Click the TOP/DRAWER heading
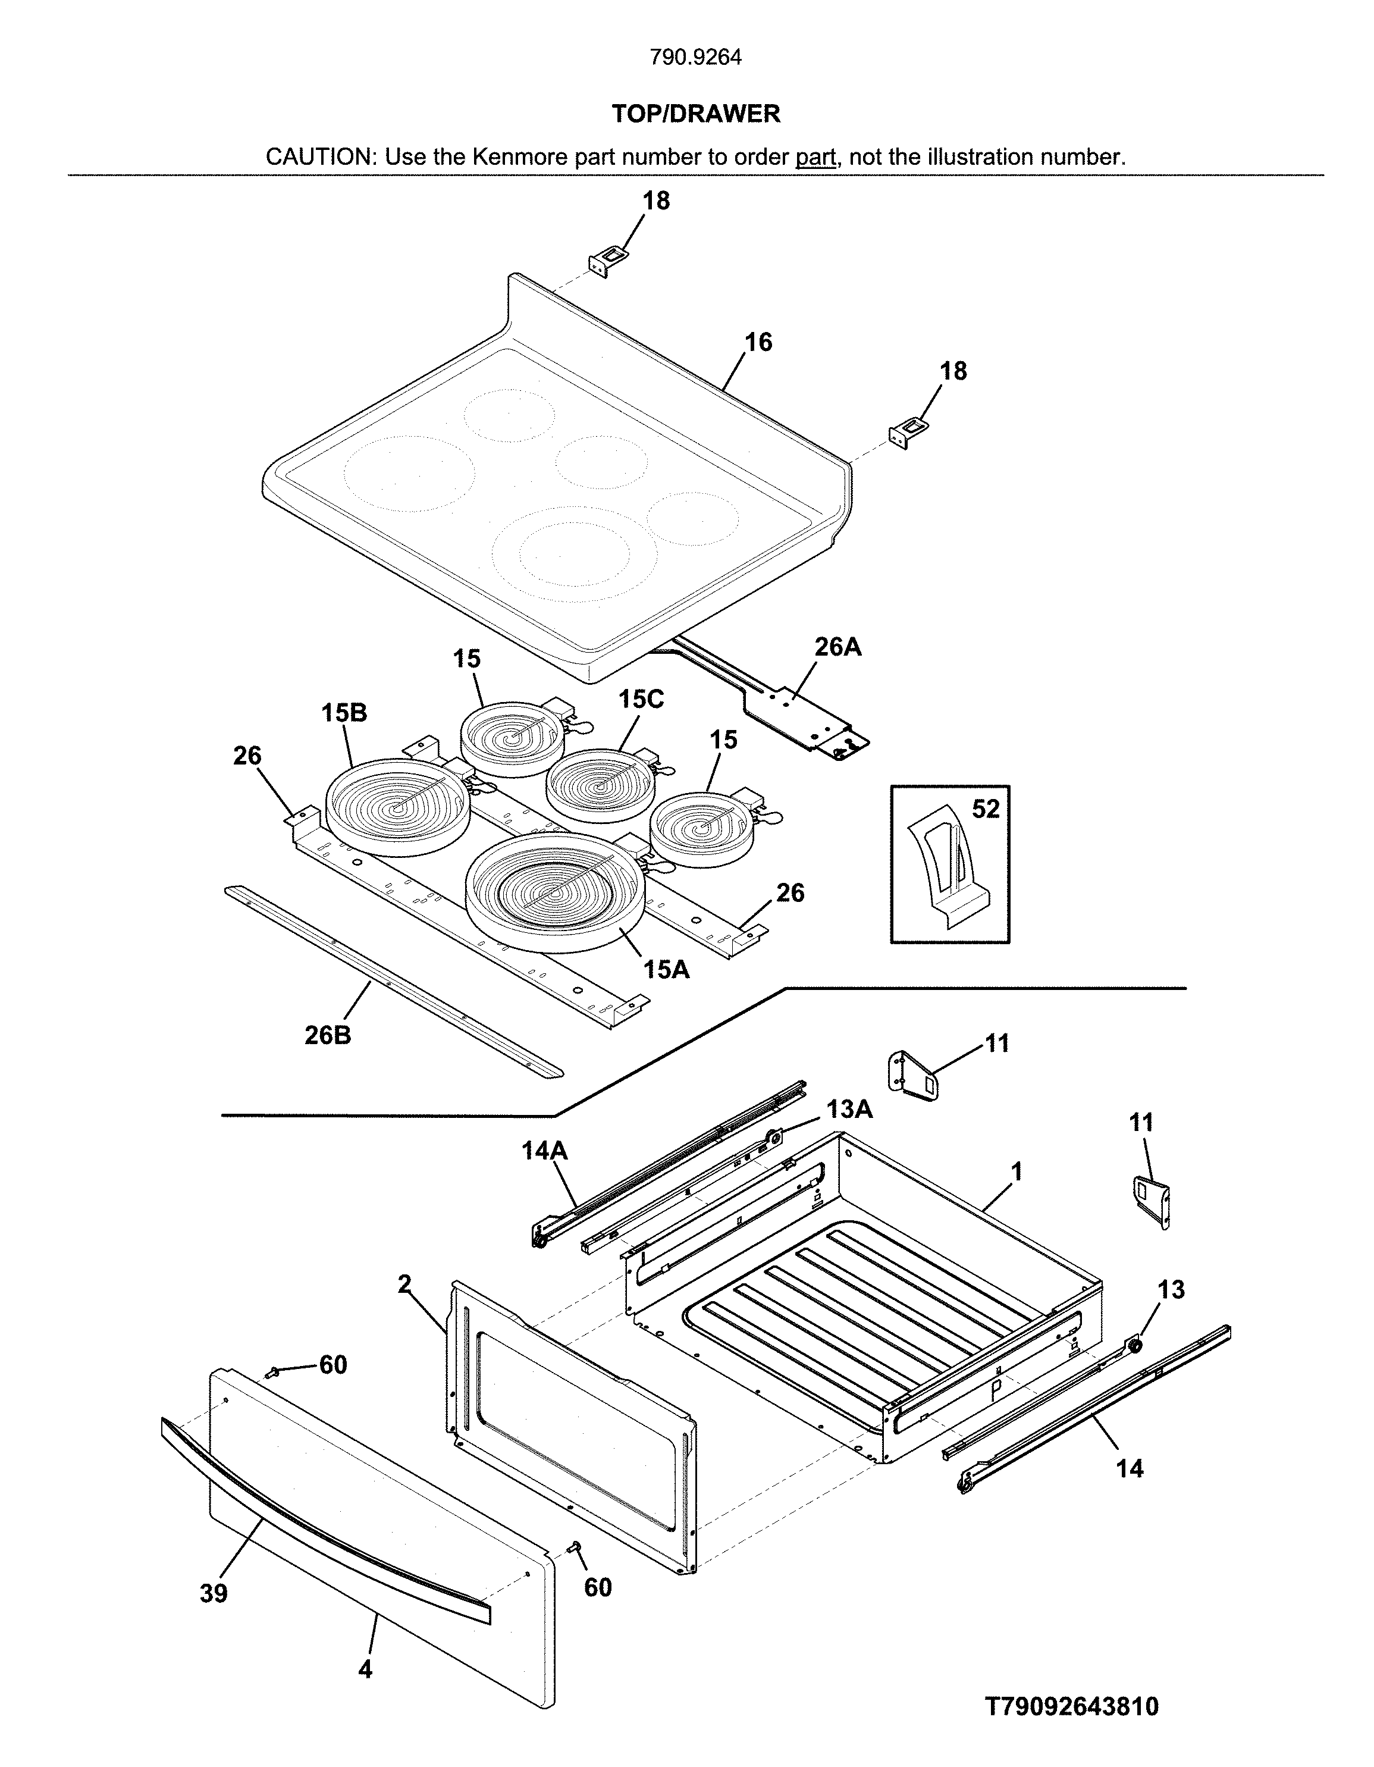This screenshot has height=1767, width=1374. tap(695, 114)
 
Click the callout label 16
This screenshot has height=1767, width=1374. tap(758, 342)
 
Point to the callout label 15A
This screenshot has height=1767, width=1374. tap(666, 969)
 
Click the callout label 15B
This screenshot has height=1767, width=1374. tap(344, 713)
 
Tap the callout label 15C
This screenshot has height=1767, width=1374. tap(641, 699)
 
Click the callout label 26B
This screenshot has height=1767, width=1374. tap(328, 1035)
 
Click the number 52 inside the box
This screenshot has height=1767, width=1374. tap(985, 809)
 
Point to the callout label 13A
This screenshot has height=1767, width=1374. tap(849, 1109)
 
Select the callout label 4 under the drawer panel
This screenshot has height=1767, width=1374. tap(366, 1668)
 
